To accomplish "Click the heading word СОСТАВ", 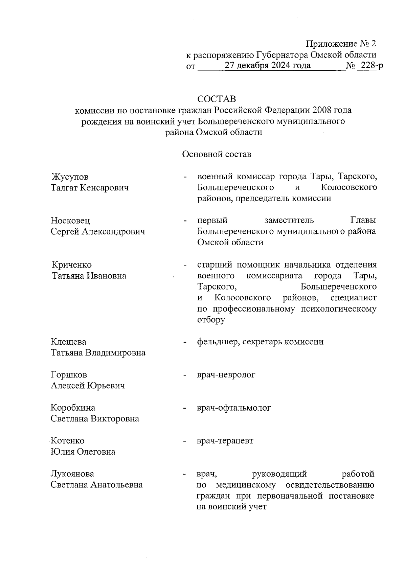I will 217,99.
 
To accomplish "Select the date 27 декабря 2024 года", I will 268,66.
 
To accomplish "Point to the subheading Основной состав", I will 217,154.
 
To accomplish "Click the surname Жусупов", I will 70,177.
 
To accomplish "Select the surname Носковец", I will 70,221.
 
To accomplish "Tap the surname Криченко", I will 72,265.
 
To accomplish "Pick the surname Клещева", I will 68,342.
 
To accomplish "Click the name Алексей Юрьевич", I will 88,386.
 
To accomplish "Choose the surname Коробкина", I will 73,408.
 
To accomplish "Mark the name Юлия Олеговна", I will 83,452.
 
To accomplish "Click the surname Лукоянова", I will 72,474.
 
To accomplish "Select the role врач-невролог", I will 226,375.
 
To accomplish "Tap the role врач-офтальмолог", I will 234,408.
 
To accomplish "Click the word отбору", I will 211,320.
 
